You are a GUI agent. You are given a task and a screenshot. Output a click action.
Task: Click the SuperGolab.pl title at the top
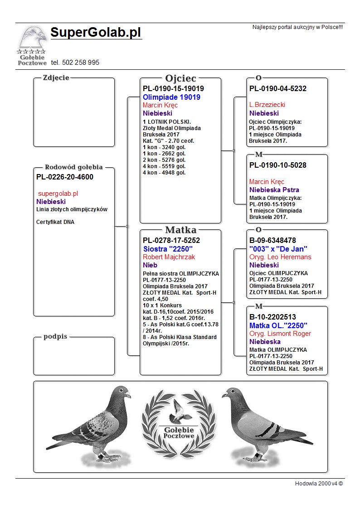click(96, 33)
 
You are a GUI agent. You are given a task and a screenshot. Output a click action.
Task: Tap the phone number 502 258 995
click(75, 63)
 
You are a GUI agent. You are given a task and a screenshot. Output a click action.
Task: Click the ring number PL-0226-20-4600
click(65, 177)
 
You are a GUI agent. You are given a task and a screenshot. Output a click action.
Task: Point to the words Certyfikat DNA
click(55, 222)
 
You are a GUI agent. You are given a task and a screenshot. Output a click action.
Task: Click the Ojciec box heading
click(180, 78)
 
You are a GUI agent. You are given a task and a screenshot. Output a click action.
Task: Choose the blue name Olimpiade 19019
click(171, 97)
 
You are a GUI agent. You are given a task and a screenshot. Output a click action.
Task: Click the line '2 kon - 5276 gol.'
click(164, 160)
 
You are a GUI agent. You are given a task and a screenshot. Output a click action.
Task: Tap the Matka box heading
click(180, 230)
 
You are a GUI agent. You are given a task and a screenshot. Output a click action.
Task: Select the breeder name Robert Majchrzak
click(169, 257)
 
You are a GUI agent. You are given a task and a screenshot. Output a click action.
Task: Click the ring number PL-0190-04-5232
click(278, 89)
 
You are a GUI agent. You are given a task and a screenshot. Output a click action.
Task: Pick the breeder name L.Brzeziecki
click(267, 105)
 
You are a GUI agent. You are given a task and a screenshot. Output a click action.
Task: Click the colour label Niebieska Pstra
click(274, 190)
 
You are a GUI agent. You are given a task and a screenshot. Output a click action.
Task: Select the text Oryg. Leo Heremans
click(280, 257)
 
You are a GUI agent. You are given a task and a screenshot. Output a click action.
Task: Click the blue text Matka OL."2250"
click(278, 325)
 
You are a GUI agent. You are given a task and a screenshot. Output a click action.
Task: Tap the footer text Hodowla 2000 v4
click(319, 484)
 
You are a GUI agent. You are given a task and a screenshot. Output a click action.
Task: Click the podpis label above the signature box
click(56, 337)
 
